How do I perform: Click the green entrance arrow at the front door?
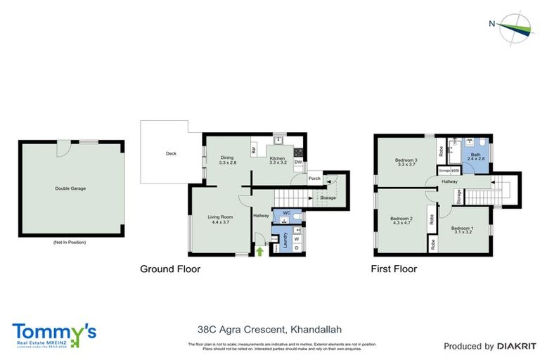click(x=259, y=250)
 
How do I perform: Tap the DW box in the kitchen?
click(x=298, y=162)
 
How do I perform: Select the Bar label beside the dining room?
click(x=253, y=150)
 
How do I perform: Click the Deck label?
click(x=170, y=153)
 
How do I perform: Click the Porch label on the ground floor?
click(x=314, y=178)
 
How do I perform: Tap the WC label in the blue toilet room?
click(x=287, y=212)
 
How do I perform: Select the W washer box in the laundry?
click(x=296, y=238)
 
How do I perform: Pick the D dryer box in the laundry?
click(x=296, y=247)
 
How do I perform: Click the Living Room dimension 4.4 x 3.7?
click(x=219, y=222)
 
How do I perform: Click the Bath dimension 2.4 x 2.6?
click(x=475, y=160)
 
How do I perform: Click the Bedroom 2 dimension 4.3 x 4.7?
click(x=401, y=223)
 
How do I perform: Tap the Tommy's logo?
click(x=54, y=333)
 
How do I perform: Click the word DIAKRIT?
click(x=516, y=346)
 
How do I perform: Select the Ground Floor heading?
click(x=170, y=269)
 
